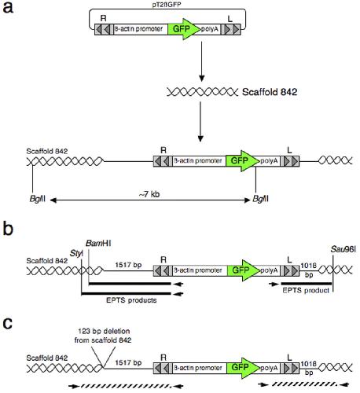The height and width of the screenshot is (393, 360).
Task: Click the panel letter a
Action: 8,7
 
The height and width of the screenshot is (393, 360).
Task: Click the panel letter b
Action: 8,228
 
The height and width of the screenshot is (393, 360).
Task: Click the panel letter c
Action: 8,324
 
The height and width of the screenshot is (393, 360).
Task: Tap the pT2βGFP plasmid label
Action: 167,5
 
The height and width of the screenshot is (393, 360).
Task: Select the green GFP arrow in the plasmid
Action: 184,29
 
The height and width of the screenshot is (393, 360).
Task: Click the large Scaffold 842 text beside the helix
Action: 270,92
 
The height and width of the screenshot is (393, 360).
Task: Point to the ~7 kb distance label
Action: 149,194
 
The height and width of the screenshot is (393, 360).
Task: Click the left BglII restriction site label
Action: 38,199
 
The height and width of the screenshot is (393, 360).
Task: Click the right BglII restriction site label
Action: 260,199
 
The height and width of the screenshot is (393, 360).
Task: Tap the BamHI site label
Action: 98,244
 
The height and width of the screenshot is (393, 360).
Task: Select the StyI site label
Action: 76,253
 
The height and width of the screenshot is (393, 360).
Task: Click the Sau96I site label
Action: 343,249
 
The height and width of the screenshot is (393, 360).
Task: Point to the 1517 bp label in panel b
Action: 128,265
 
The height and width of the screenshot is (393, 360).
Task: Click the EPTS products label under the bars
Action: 131,300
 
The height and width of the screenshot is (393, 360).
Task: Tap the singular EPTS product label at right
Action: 306,290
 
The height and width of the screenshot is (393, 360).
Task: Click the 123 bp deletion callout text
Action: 103,336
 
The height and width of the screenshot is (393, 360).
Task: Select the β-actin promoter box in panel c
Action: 199,368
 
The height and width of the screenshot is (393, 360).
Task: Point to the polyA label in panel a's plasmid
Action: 210,29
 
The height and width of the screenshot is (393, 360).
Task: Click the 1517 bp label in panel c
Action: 128,362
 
